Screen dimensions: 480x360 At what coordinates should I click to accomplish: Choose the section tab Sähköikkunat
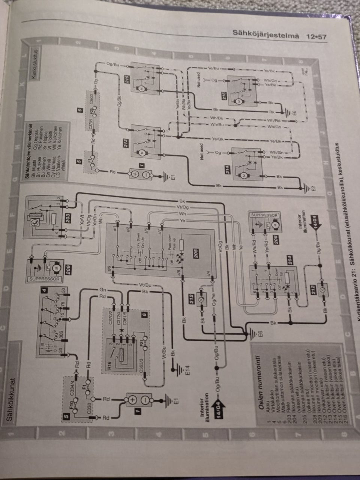pyautogui.click(x=11, y=399)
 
